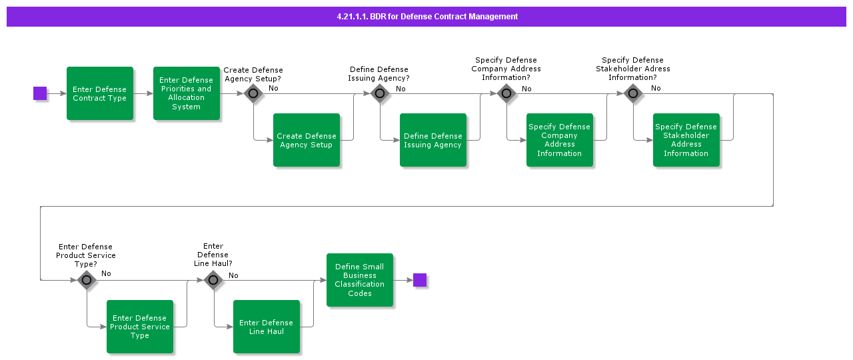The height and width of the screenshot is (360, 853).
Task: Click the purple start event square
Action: pos(40,93)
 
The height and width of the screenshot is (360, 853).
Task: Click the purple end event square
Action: pos(419,280)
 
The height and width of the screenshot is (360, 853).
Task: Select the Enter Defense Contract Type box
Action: pos(100,93)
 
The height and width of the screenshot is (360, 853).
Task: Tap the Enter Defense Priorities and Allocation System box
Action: pos(187,93)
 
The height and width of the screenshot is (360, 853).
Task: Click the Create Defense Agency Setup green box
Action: pos(307,140)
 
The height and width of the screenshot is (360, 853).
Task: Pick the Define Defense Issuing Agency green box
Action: pos(433,140)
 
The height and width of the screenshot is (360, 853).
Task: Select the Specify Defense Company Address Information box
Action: pos(560,140)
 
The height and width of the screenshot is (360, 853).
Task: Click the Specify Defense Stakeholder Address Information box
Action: pos(686,140)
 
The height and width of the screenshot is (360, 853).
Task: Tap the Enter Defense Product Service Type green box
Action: pos(140,327)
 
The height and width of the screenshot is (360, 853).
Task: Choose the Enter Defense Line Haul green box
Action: pos(267,327)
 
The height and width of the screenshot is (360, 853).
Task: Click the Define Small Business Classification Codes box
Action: pos(360,280)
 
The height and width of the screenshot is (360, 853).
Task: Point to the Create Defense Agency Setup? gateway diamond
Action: pos(253,93)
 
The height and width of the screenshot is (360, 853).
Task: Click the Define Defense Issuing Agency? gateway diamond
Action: pos(380,93)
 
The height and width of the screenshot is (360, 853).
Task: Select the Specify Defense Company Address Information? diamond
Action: pos(506,93)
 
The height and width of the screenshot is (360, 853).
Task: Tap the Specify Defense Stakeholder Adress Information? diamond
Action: pos(633,93)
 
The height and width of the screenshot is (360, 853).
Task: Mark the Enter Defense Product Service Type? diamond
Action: pos(87,280)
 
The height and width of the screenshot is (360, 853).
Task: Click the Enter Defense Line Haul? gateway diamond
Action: pos(213,280)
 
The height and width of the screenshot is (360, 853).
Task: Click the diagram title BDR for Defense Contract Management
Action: pos(426,17)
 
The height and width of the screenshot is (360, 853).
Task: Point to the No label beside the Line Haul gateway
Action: pos(233,275)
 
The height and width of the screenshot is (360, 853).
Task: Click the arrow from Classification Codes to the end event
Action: pos(403,280)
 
